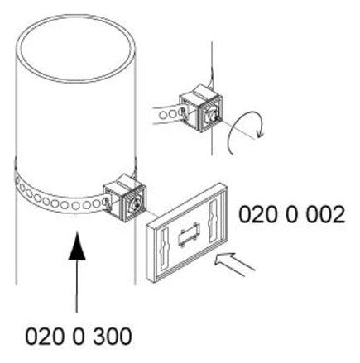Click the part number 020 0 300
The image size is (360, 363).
point(79,337)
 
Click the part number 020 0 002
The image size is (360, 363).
point(291,215)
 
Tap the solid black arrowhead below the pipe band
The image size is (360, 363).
point(77,246)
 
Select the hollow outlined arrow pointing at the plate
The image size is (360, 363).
point(234,263)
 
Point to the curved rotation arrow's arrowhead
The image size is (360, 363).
point(260,133)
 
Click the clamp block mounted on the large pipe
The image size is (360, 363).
point(124,198)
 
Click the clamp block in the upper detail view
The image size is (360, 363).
point(200,108)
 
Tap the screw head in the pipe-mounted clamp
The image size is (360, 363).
point(135,204)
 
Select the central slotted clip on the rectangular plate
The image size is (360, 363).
point(189,234)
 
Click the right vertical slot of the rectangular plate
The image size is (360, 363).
point(214,221)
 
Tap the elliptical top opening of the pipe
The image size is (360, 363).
point(76,47)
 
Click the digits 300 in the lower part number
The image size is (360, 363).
point(113,337)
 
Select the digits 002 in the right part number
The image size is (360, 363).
point(325,215)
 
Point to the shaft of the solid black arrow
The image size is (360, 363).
point(77,286)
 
